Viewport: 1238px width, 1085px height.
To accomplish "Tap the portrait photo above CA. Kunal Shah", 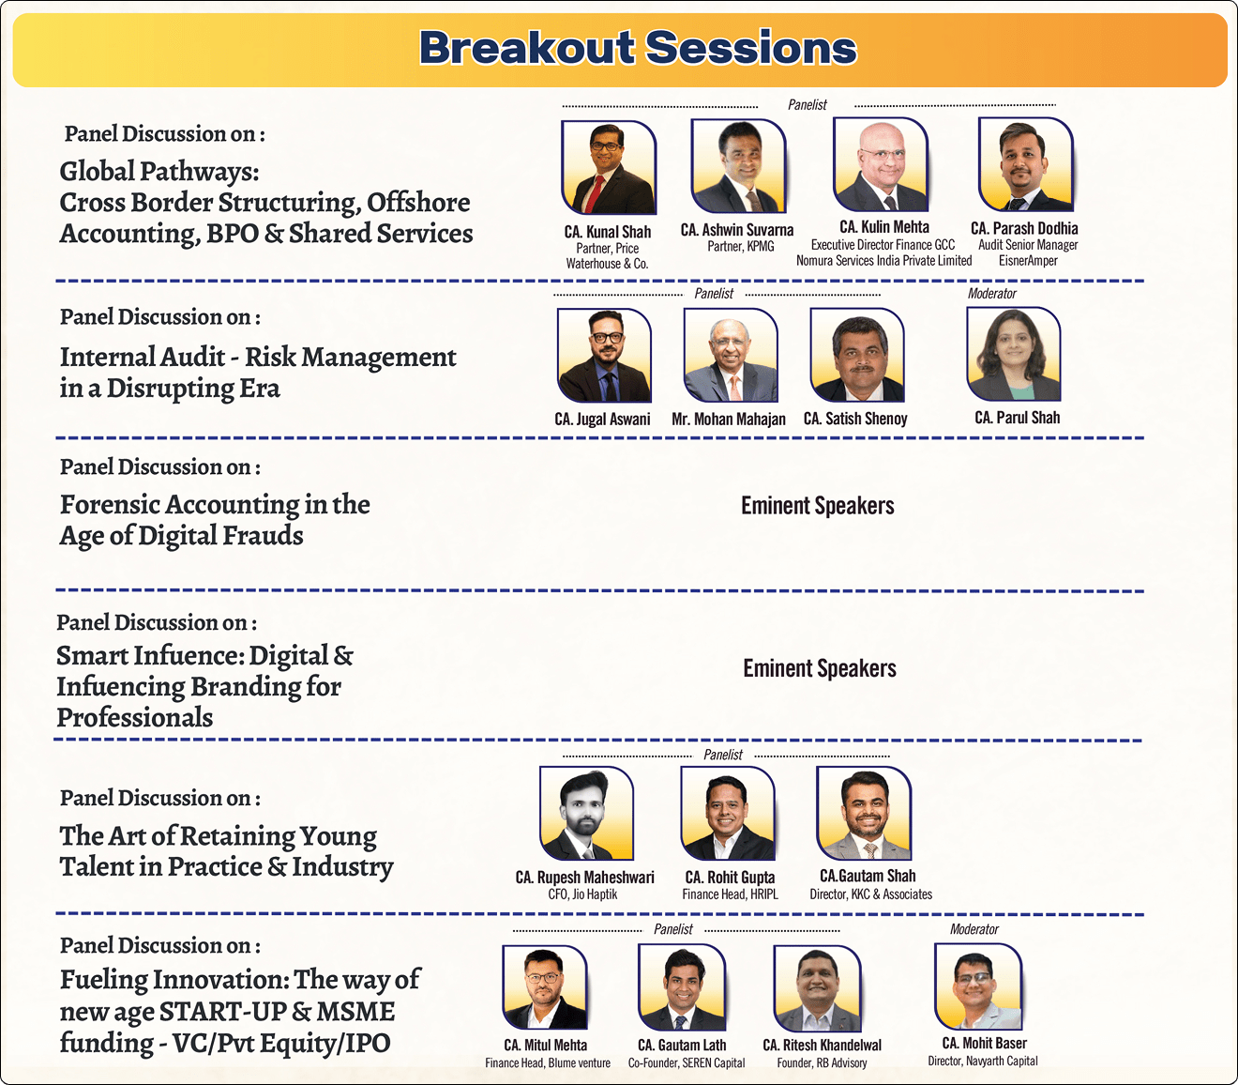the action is coord(609,167).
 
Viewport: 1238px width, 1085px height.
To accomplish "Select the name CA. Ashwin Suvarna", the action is coord(737,230).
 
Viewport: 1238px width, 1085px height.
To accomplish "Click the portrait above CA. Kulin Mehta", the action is coord(881,164).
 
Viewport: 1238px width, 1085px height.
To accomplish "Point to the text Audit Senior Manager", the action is coord(1028,245).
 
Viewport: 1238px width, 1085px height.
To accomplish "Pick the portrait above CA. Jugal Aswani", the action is coord(605,356).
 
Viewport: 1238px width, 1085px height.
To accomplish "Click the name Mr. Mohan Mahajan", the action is coord(729,419).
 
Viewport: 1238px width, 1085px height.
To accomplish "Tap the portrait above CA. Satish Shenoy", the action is coord(857,355).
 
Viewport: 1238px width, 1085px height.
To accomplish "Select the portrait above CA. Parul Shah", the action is coord(1014,354).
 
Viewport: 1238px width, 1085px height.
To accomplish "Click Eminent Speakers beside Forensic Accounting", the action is coord(818,506).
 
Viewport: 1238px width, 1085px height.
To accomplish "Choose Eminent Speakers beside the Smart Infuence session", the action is coord(820,668).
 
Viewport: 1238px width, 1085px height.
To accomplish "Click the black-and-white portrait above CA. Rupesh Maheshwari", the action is coord(586,813).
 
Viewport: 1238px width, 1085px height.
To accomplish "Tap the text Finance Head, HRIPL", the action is coord(731,894).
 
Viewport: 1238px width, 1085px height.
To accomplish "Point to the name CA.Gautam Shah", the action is coord(868,876).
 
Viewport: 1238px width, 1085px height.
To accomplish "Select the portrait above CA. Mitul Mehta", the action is coord(545,987).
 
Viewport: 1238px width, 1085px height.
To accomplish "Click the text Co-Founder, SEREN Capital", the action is coord(687,1062).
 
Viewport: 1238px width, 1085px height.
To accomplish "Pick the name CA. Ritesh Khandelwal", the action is coord(822,1045).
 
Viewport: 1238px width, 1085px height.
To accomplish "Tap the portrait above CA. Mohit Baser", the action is coord(978,986).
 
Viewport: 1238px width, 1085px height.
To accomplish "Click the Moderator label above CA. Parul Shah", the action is coord(991,294).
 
